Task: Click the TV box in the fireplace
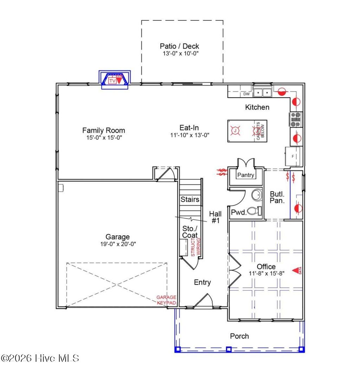(x=112, y=81)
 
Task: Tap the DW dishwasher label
(x=246, y=94)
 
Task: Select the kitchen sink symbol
(x=263, y=93)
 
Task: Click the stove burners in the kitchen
(x=296, y=119)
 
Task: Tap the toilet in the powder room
(x=254, y=211)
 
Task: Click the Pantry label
(x=246, y=175)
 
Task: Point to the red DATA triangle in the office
(x=295, y=270)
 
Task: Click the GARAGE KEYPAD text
(x=166, y=300)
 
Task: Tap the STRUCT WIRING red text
(x=195, y=247)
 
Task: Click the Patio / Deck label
(x=179, y=46)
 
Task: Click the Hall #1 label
(x=215, y=217)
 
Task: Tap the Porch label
(x=239, y=336)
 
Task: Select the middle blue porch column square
(x=229, y=349)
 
